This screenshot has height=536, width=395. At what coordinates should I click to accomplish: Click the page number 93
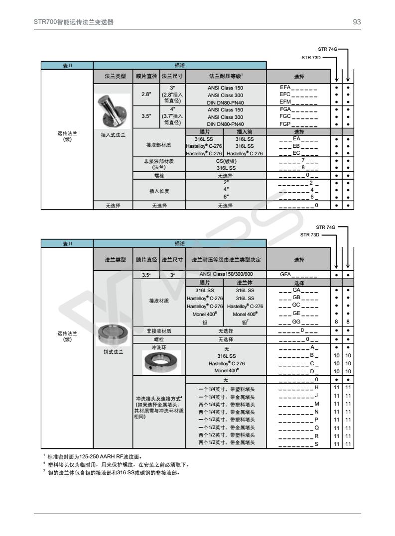pos(357,22)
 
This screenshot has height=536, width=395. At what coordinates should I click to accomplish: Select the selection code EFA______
pos(298,88)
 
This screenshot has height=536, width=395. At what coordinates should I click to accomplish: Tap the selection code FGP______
pos(298,124)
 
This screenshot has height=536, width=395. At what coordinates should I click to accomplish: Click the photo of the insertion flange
pos(113,111)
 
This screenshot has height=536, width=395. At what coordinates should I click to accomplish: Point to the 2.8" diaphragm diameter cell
pos(146,94)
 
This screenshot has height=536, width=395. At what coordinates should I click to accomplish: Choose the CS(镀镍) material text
pos(226,161)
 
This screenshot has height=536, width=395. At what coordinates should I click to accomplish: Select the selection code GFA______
pos(298,274)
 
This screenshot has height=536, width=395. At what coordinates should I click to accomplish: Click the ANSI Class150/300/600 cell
pos(226,274)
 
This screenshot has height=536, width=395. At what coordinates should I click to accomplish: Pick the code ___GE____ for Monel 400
pos(298,314)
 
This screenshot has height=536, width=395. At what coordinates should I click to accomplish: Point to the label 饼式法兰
pos(113,352)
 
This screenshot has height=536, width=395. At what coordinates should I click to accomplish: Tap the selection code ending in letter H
pos(298,387)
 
